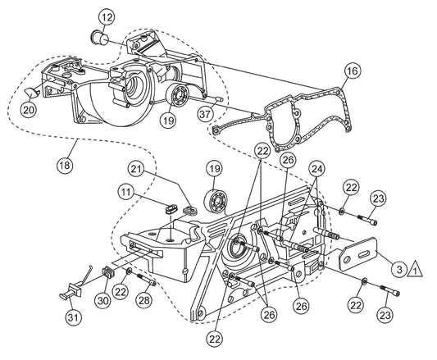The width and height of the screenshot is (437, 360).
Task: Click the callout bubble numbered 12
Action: [107, 17]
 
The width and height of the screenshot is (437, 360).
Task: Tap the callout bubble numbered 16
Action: [353, 71]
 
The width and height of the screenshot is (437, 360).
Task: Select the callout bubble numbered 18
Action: [65, 166]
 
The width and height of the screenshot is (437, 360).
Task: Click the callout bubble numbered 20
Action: [29, 110]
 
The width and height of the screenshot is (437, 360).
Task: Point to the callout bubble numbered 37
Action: [205, 114]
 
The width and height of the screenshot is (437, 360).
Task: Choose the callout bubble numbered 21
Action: [137, 169]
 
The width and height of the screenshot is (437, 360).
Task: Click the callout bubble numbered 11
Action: [126, 193]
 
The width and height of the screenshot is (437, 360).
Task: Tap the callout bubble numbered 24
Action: [318, 169]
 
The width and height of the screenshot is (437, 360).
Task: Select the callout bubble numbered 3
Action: [399, 269]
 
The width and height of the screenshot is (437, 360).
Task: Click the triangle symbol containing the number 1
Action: [415, 270]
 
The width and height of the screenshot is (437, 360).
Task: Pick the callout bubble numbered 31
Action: [74, 317]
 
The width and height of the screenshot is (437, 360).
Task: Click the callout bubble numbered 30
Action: [103, 301]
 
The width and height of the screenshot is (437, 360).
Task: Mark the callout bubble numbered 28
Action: [144, 300]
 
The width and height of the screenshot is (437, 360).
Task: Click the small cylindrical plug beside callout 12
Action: [99, 39]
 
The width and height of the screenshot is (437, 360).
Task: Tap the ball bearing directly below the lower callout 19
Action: [216, 200]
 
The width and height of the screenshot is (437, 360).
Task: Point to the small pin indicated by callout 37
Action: [218, 98]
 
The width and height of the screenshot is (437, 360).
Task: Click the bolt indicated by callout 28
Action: [147, 279]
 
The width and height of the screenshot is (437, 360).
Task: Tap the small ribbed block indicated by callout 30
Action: [108, 272]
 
